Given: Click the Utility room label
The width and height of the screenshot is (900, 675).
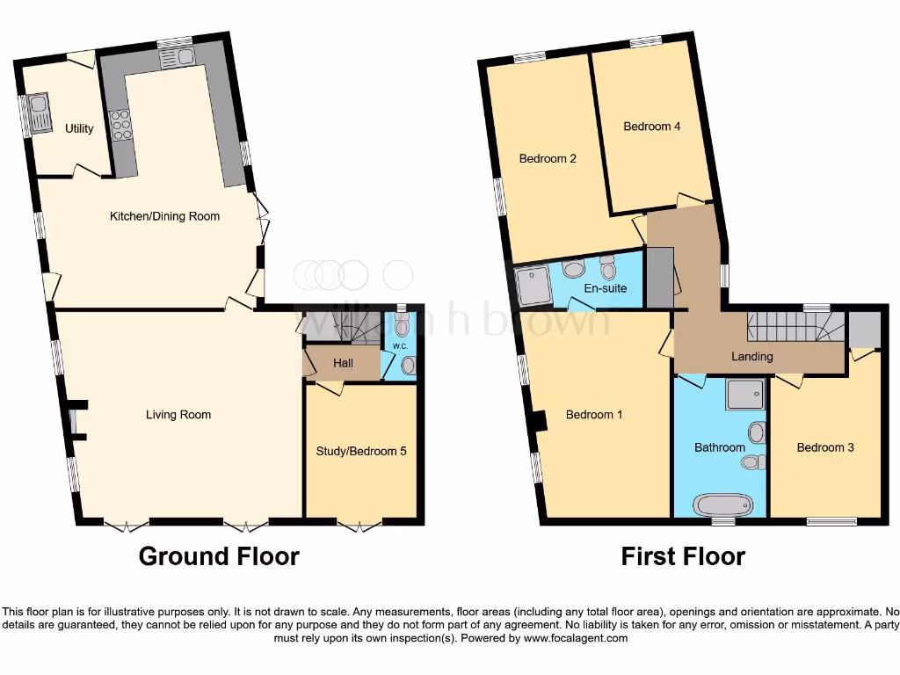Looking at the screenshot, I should (79, 128).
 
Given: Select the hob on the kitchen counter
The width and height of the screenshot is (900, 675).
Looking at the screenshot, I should (120, 125).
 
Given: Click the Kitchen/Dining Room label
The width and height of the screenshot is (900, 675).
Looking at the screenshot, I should (164, 216).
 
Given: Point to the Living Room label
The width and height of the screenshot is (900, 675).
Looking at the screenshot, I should (178, 414).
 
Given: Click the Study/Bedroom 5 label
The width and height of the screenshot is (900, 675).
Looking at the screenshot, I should (360, 452).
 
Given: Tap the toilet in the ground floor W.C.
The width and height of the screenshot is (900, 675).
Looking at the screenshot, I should (402, 328).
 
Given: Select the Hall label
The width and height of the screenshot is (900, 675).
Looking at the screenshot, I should (342, 363).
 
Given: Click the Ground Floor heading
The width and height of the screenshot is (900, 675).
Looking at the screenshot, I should (219, 556).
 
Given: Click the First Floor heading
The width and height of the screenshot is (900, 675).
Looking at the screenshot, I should (683, 556).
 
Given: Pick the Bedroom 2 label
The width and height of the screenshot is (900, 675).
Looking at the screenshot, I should (548, 159).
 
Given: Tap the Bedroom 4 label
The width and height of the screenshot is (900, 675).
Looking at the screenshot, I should (651, 127).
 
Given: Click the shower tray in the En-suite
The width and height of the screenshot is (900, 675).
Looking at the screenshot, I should (533, 283).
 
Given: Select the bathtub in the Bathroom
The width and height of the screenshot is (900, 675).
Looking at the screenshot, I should (723, 504).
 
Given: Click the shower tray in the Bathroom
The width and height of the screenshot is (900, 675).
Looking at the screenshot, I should (746, 395).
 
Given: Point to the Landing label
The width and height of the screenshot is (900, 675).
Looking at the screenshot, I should (752, 356).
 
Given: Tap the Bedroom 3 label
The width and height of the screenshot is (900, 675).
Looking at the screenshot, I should (825, 447).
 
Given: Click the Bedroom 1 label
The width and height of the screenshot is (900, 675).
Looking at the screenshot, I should (594, 414).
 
